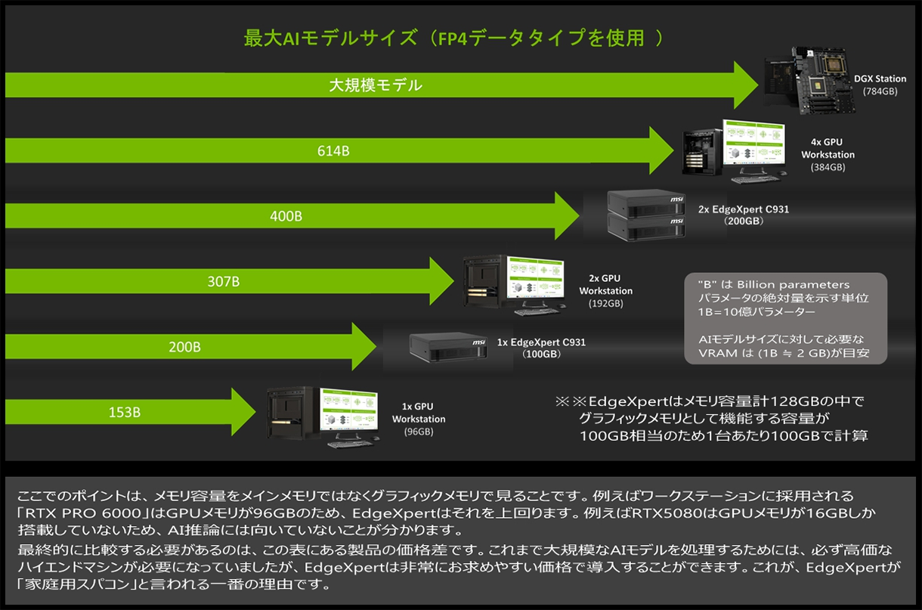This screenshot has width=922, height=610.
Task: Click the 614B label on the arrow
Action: (x=333, y=151)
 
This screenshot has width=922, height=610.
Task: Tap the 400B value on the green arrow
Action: (x=286, y=216)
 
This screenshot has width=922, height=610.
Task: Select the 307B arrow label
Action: (x=223, y=282)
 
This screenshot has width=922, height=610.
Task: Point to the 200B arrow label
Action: (x=184, y=348)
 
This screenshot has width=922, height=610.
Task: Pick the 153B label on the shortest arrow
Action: (x=125, y=413)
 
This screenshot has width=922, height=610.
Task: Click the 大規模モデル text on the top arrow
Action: (x=375, y=85)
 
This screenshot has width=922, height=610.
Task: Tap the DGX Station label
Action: (x=880, y=79)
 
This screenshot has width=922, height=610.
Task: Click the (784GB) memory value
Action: (x=880, y=91)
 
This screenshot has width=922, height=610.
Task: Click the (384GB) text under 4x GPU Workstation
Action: (x=828, y=167)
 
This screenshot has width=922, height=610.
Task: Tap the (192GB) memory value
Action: (x=605, y=304)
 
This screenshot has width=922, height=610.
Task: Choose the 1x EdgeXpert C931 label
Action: (x=541, y=342)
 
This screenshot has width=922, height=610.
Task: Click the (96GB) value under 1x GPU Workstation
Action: (x=418, y=432)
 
